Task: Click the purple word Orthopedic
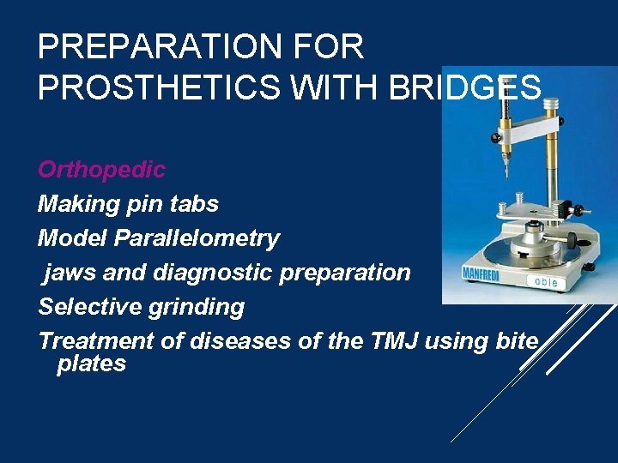pyautogui.click(x=101, y=170)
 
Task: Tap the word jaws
pyautogui.click(x=66, y=273)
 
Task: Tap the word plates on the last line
pyautogui.click(x=91, y=364)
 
